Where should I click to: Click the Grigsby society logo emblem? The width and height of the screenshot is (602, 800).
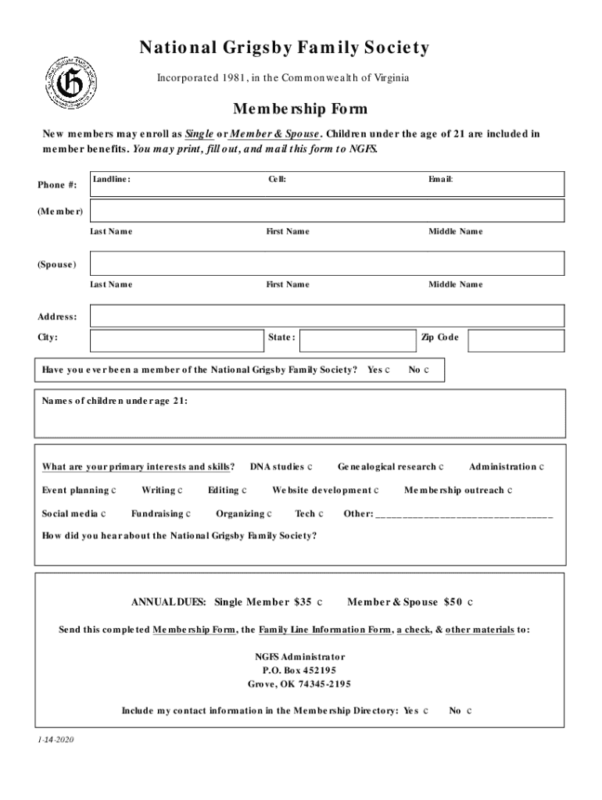coord(70,83)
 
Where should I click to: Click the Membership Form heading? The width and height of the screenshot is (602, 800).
coord(300,109)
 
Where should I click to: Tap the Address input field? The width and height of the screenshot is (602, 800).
coord(327,316)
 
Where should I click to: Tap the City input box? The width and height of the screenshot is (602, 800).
coord(176,341)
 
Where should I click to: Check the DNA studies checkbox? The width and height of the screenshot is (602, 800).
coord(310,467)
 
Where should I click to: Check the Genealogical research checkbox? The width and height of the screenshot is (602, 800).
coord(442,467)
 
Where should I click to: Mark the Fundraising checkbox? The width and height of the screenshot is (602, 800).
coord(188,514)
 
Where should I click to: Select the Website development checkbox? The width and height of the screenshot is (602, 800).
coord(376,491)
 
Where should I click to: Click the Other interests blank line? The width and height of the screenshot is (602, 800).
coord(464,516)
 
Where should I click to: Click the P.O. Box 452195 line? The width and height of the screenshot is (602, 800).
coord(299,670)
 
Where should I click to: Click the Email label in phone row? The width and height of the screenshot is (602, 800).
coord(440,179)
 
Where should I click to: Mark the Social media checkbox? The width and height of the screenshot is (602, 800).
coord(104,514)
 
